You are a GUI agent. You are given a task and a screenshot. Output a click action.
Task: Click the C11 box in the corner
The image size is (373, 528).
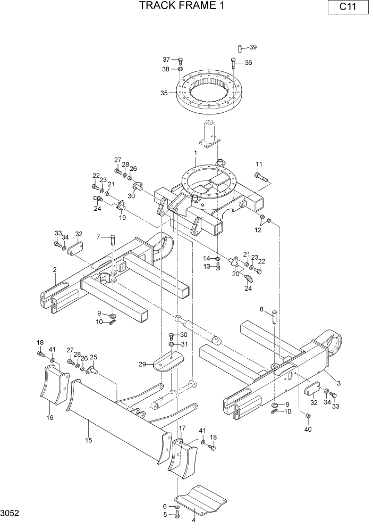point(348,7)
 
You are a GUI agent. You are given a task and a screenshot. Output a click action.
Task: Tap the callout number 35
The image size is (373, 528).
point(164,93)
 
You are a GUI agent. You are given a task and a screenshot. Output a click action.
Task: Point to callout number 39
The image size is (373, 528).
point(253,47)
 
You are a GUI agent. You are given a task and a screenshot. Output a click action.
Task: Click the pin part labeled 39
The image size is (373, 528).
point(240,49)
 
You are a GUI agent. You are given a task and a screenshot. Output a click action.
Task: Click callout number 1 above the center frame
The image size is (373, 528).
point(196,153)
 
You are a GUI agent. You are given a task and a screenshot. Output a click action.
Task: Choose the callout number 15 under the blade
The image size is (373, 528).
point(89,440)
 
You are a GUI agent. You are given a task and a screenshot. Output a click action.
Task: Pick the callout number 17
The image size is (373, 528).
point(182,428)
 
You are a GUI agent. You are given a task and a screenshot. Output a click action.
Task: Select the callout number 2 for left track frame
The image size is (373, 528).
point(55,269)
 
